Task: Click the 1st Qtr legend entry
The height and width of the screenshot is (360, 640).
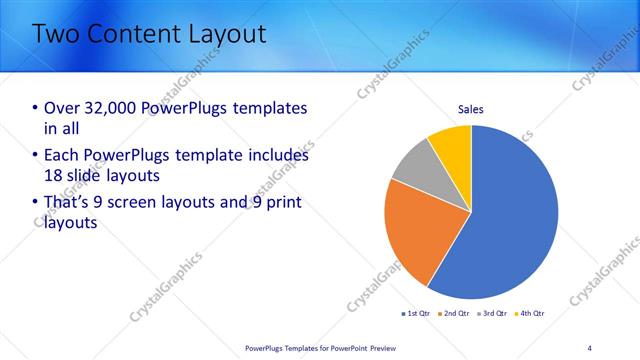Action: (x=418, y=314)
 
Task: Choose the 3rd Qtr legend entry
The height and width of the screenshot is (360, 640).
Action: (x=494, y=314)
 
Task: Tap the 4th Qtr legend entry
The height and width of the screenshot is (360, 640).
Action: (x=531, y=314)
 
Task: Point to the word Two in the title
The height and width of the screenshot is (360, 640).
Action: (x=57, y=34)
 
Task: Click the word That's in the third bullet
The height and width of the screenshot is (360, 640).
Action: (x=71, y=203)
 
